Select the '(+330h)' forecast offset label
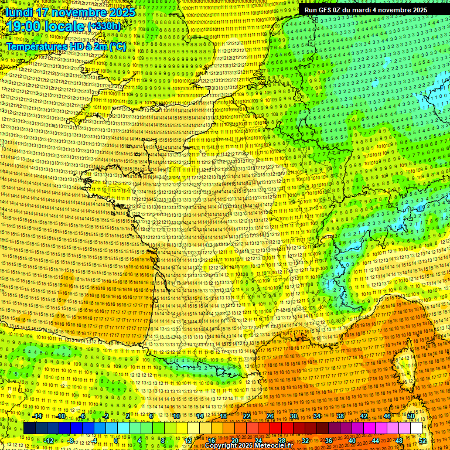pos(104,26)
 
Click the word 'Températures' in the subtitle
pos(35,46)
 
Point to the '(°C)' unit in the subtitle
pos(115,46)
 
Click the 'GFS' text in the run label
pos(326,10)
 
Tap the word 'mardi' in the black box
pos(366,10)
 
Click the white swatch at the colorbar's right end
pos(416,428)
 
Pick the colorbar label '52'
pos(422,440)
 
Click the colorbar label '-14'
pos(36,416)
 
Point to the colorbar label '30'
pos(294,416)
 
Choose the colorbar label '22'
pos(247,416)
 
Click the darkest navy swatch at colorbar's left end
pos(29,428)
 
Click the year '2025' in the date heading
pos(121,12)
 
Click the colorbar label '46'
pos(387,416)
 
